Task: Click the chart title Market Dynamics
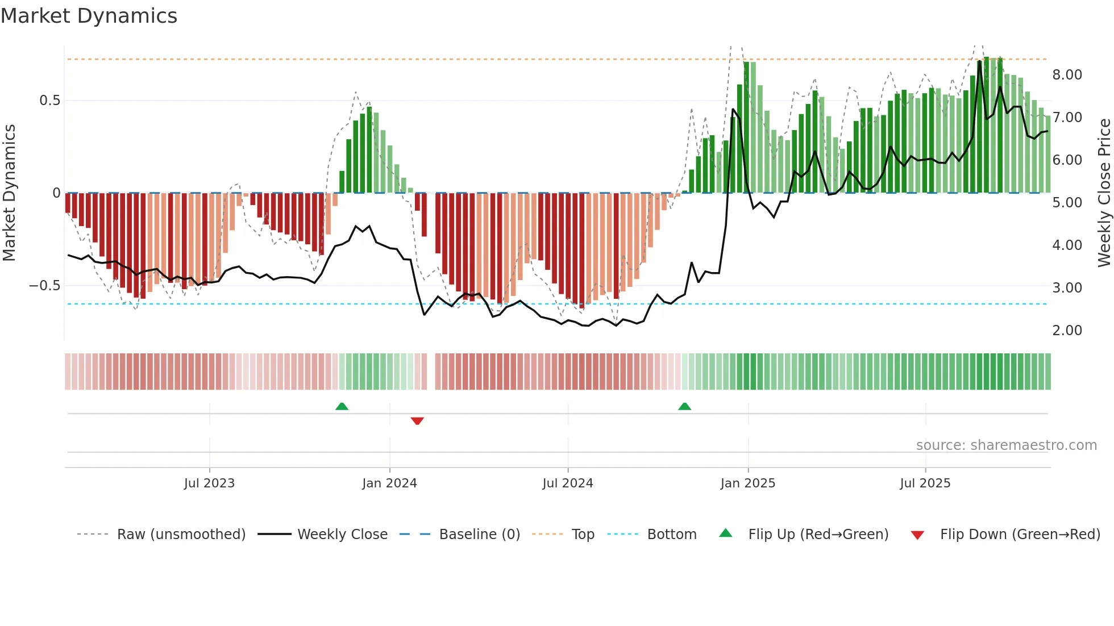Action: pos(89,16)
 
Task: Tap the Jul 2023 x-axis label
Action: pos(209,483)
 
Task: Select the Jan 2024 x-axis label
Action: pos(389,483)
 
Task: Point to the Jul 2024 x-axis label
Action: pos(567,483)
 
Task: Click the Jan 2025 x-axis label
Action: pos(747,483)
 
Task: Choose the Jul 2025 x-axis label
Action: pos(925,483)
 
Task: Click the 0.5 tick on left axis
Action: pos(49,101)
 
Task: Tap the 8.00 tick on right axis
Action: pos(1067,75)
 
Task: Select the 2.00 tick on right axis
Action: pos(1067,331)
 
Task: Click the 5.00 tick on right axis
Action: pos(1067,203)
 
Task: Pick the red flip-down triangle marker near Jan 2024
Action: pos(417,421)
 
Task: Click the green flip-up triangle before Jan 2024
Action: pos(342,406)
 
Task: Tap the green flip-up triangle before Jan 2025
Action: pos(684,406)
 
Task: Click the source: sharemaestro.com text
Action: pos(1006,445)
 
